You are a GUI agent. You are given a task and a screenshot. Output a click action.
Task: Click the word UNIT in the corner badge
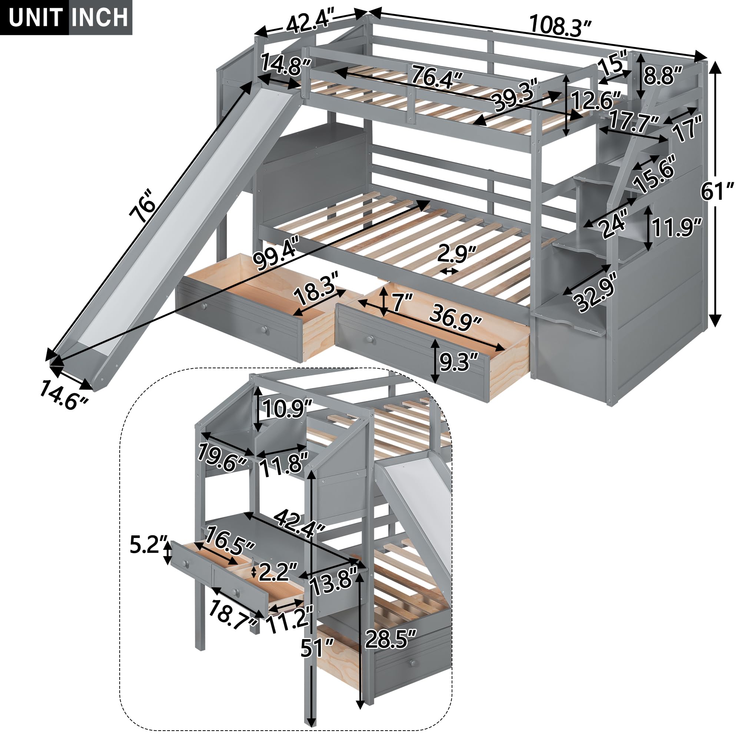pyautogui.click(x=35, y=18)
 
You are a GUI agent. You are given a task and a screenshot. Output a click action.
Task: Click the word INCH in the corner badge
pyautogui.click(x=100, y=18)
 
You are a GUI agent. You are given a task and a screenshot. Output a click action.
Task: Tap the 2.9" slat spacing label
pyautogui.click(x=456, y=253)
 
